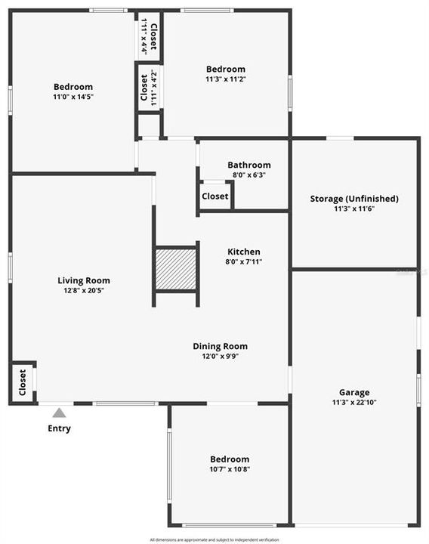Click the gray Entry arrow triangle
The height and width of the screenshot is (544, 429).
click(x=60, y=413)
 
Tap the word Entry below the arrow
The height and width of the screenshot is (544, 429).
click(x=60, y=428)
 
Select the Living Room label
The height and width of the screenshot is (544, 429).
click(x=84, y=281)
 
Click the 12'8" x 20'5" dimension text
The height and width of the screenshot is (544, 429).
click(x=84, y=290)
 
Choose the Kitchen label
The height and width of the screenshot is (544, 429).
click(x=244, y=252)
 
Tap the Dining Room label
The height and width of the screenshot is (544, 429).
click(x=220, y=347)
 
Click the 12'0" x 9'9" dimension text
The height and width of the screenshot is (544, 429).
click(x=220, y=356)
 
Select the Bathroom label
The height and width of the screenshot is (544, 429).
click(x=249, y=165)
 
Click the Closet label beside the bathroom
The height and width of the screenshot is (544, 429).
click(x=215, y=196)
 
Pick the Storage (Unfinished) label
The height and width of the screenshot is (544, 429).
click(x=354, y=199)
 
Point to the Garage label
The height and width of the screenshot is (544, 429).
click(x=354, y=392)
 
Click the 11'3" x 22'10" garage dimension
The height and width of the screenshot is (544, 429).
click(x=354, y=402)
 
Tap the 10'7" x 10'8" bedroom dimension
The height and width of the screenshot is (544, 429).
click(x=230, y=468)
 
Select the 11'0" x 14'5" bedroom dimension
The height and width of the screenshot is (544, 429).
click(x=73, y=97)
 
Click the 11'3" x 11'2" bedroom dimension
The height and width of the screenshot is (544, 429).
click(x=226, y=79)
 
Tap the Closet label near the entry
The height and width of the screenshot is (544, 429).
click(x=23, y=382)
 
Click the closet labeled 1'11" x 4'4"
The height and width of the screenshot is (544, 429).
click(x=149, y=36)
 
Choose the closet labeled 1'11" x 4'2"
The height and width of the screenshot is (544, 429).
click(x=148, y=88)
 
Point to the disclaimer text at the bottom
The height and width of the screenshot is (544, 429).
click(x=214, y=539)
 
